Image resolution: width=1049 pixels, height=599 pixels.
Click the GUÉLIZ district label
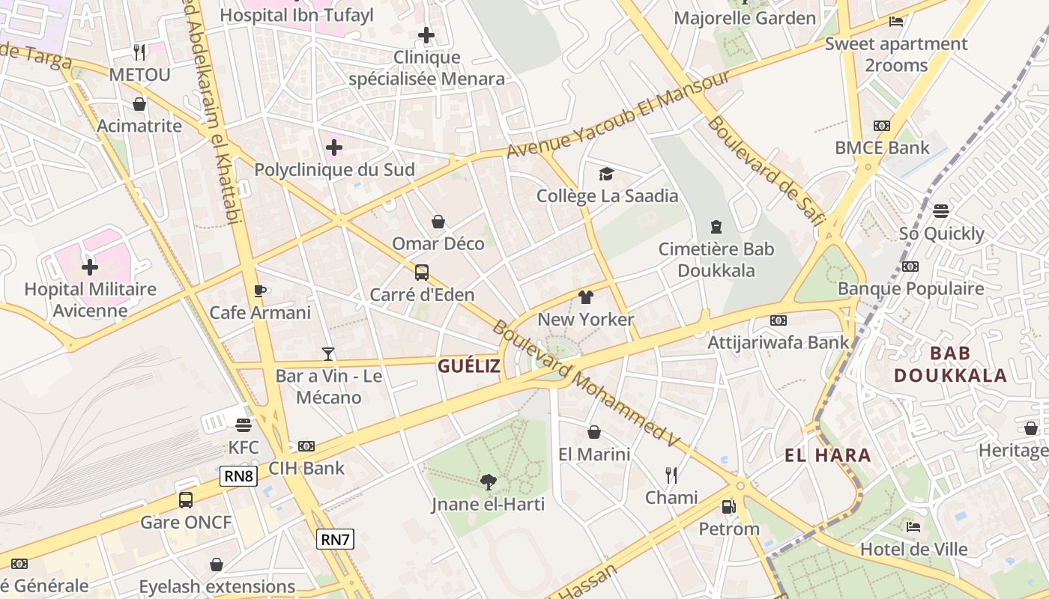[x=468, y=366]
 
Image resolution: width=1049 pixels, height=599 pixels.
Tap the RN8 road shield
[x=239, y=476]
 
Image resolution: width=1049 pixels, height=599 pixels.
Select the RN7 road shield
[x=335, y=539]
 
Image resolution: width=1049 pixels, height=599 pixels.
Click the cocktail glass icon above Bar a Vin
[x=327, y=353]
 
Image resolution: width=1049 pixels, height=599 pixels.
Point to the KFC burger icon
[x=243, y=425]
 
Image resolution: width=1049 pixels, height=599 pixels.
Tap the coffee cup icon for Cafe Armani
[x=260, y=291]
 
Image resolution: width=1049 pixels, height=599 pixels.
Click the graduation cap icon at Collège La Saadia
[x=606, y=174]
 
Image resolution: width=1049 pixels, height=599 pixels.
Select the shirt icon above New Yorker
[x=585, y=297]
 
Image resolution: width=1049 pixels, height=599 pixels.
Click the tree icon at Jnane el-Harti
[x=488, y=481]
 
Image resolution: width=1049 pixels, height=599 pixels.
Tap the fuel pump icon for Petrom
[x=728, y=507]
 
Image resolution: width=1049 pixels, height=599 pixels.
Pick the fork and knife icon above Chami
[x=671, y=475]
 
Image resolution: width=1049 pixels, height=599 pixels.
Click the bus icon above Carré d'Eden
[x=422, y=273]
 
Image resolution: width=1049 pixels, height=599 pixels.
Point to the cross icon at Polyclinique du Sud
[x=334, y=148]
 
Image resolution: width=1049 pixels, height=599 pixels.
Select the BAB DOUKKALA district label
[x=950, y=365]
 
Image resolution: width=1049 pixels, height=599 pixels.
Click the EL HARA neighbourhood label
[x=828, y=455]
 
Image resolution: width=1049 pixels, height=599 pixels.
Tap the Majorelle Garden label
[x=745, y=18]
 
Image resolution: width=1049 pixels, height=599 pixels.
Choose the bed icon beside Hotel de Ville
[x=913, y=527]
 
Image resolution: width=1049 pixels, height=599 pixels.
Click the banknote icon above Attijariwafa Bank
[x=779, y=320]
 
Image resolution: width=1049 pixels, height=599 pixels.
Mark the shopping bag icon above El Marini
[x=594, y=432]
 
